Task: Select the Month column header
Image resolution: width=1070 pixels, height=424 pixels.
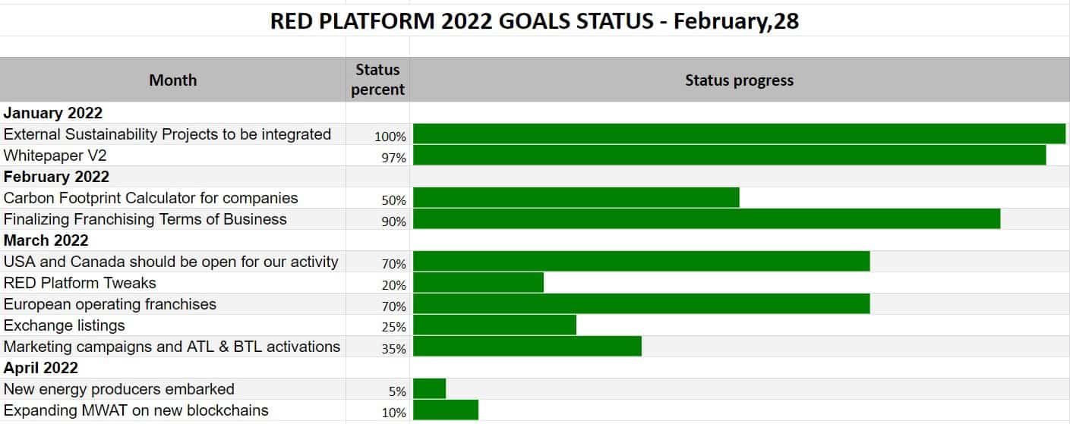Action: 173,80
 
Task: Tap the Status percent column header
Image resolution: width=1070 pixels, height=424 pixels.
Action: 377,80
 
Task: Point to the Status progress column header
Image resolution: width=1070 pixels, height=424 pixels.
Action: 739,80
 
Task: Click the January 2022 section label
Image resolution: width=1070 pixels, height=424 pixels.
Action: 53,113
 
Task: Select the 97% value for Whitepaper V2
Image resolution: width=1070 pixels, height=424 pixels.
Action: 393,158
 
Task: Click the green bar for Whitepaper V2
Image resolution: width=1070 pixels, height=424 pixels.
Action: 730,155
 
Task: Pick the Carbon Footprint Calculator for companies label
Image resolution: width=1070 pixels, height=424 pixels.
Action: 150,198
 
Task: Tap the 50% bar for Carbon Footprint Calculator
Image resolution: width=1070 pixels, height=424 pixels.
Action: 576,197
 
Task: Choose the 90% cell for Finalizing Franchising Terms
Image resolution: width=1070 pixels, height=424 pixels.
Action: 393,221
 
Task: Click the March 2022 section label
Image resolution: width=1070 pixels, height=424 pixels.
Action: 46,240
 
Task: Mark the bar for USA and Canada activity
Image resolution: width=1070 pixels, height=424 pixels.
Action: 642,262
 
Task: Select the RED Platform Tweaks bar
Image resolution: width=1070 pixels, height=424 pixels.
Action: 478,282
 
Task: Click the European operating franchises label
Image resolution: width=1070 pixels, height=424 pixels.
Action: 110,304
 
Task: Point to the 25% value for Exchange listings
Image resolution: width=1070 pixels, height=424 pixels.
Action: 393,327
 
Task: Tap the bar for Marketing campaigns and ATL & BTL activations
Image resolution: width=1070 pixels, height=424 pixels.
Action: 527,347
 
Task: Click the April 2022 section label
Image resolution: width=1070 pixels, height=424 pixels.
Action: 40,368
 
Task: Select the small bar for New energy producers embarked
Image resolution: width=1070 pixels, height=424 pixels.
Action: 429,388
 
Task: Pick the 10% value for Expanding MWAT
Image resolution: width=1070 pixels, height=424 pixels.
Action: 393,413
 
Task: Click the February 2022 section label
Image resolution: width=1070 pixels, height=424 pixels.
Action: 56,177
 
